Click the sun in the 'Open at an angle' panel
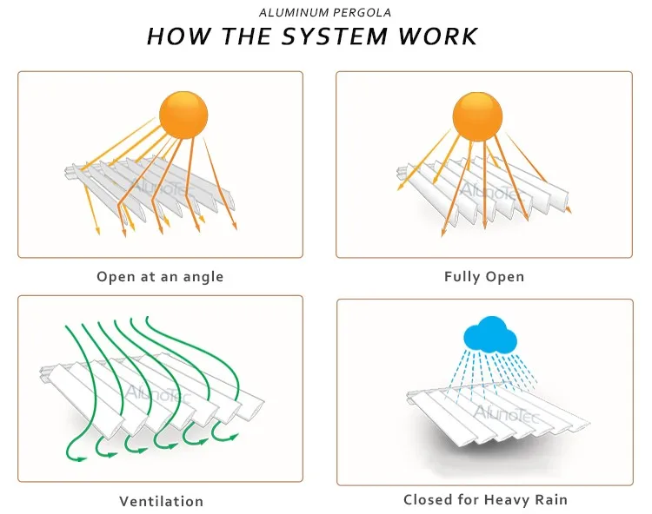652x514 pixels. (x=183, y=115)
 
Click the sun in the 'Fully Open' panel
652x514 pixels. (x=477, y=116)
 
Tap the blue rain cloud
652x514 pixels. (x=490, y=334)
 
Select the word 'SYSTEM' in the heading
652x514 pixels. (x=335, y=36)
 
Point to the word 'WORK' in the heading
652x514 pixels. (x=437, y=36)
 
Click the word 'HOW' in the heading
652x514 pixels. (x=179, y=36)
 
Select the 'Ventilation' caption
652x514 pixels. (x=162, y=501)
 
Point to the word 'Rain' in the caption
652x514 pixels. (x=551, y=499)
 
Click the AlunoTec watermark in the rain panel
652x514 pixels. (x=506, y=413)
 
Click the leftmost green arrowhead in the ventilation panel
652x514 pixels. (x=81, y=458)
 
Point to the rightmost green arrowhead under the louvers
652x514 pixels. (x=233, y=437)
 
